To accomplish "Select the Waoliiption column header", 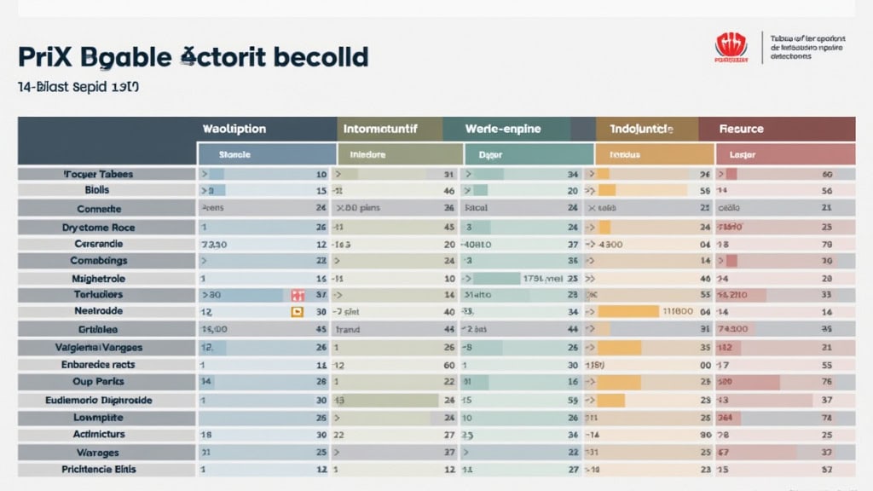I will [234, 129].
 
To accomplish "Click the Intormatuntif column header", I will [390, 129].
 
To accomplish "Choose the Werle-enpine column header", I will [504, 129].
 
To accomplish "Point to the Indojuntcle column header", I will [641, 129].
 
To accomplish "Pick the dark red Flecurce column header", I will [741, 129].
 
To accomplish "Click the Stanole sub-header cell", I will [234, 155].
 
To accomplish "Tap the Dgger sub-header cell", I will [491, 155].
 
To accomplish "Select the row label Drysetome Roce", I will [99, 228].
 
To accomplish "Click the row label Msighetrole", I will [99, 279].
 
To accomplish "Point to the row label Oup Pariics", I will [99, 382].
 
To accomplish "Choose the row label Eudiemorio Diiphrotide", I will [99, 400].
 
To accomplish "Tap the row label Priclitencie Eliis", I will [99, 470].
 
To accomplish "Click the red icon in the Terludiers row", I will [298, 295].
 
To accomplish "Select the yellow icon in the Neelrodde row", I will [297, 312].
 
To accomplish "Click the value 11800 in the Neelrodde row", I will [678, 312].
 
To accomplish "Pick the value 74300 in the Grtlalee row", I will [733, 329].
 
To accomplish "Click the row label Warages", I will [98, 453].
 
